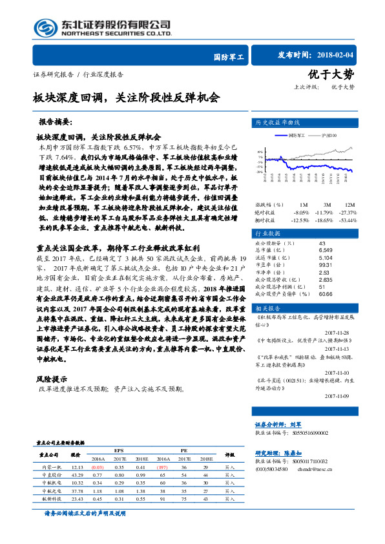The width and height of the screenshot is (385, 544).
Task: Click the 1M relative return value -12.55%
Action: point(301,220)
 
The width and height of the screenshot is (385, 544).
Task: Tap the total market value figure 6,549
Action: point(326,249)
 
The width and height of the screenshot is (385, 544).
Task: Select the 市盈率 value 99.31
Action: point(326,264)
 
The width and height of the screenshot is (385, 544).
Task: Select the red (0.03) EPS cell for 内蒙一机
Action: point(98,466)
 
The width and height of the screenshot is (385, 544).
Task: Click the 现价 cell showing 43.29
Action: point(78,474)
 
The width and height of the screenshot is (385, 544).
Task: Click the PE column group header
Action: point(183,450)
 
